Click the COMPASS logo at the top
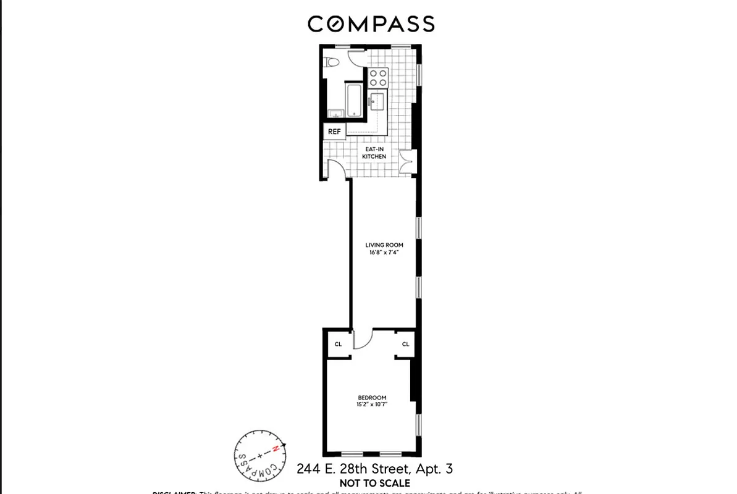point(371,24)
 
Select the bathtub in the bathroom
point(354,101)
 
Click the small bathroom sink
point(335,113)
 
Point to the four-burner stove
point(377,77)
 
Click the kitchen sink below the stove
point(376,101)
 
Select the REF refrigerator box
point(334,132)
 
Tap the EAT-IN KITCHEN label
point(374,153)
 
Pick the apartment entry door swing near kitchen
point(337,169)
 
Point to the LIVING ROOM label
point(384,245)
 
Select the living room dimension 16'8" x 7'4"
point(384,253)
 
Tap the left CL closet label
point(338,345)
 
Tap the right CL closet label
point(405,345)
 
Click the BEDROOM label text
point(372,397)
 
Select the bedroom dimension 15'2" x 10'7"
point(372,404)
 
